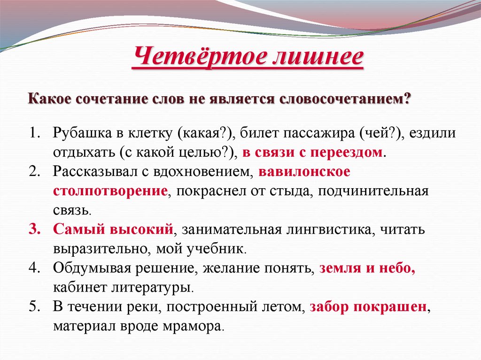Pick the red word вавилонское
tap(304, 172)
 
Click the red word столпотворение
tap(110, 191)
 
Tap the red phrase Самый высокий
tap(113, 230)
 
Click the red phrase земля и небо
tap(367, 268)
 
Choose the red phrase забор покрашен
tap(368, 307)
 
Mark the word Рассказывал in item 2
tap(93, 172)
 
